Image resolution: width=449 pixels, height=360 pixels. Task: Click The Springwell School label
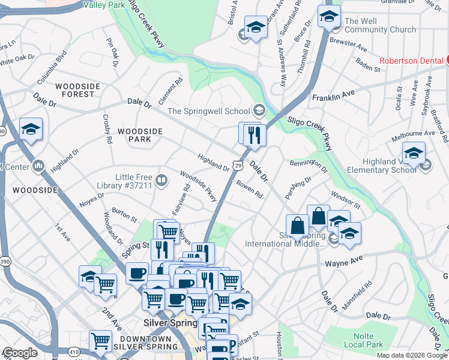208,111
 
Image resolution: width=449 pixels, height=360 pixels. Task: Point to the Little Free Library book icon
161,180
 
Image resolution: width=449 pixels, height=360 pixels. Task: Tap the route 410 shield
74,352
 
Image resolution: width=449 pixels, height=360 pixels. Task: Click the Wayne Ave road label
345,262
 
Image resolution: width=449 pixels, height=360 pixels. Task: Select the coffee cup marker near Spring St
137,272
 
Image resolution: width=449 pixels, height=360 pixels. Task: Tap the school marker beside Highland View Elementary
414,154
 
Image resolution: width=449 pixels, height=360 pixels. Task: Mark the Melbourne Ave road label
421,133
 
